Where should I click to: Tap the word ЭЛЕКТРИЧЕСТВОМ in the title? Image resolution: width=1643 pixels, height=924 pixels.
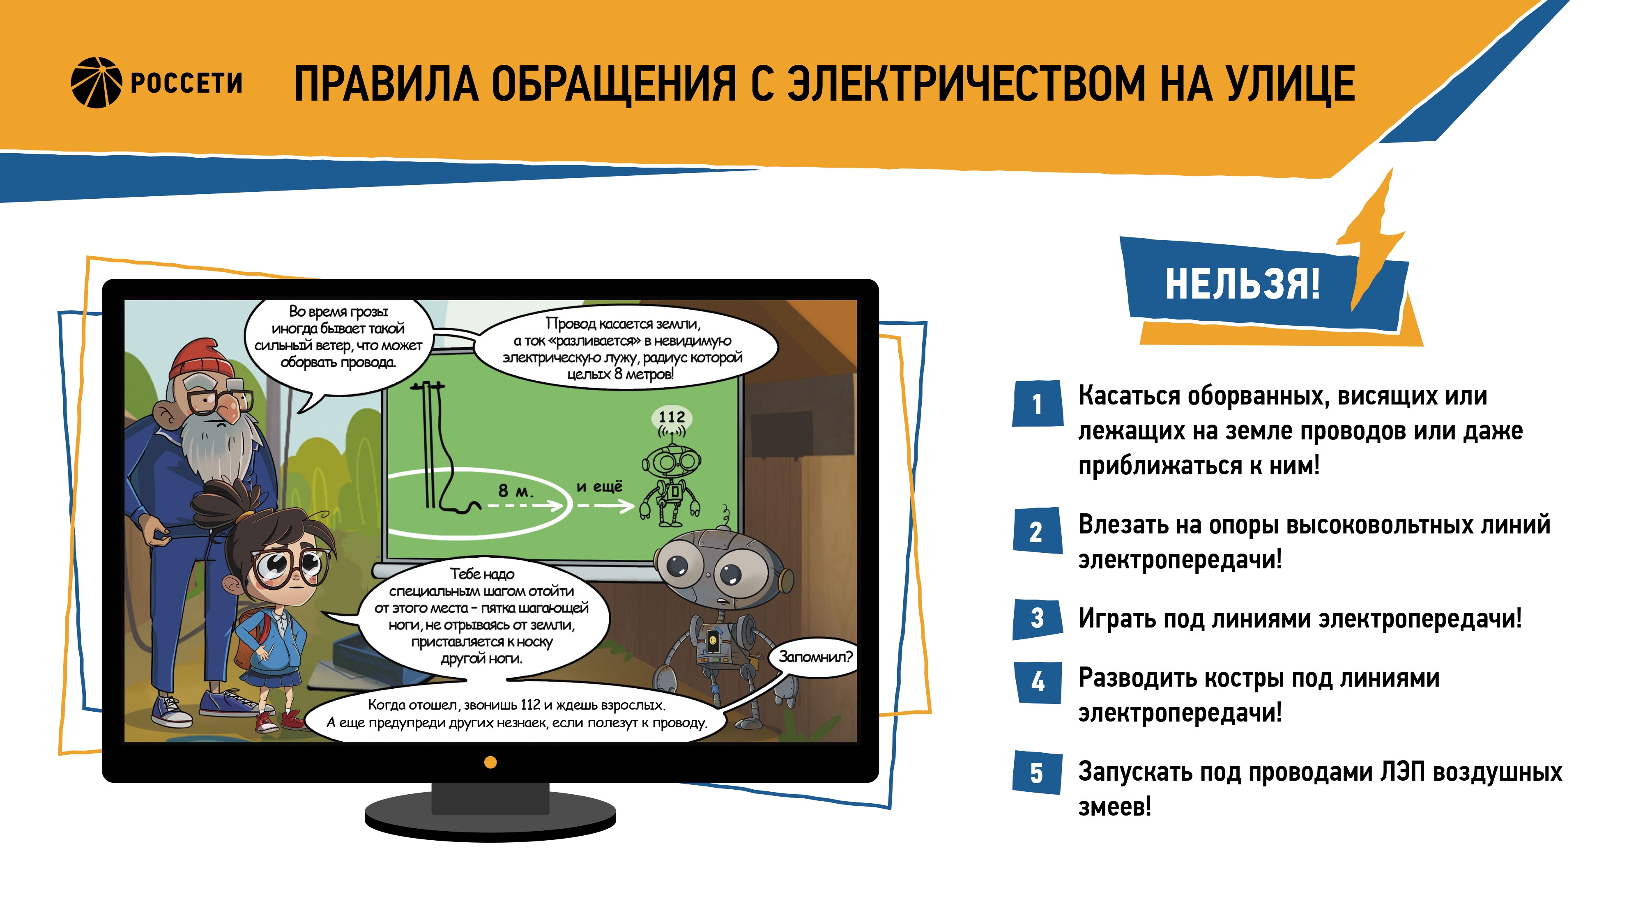click(966, 83)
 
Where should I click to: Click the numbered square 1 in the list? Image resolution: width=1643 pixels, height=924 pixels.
click(1038, 403)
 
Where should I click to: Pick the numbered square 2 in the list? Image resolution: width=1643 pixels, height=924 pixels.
click(1037, 531)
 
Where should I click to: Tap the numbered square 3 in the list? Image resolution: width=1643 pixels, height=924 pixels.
click(1038, 618)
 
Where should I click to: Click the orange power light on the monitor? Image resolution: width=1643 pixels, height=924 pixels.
click(490, 762)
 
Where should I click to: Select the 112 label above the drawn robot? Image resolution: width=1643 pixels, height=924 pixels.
click(672, 417)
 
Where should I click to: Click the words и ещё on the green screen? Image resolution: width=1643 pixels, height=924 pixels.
click(600, 487)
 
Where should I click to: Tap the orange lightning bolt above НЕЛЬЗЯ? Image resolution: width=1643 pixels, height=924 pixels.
click(1371, 242)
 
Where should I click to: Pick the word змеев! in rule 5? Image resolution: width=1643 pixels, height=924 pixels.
click(1115, 807)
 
